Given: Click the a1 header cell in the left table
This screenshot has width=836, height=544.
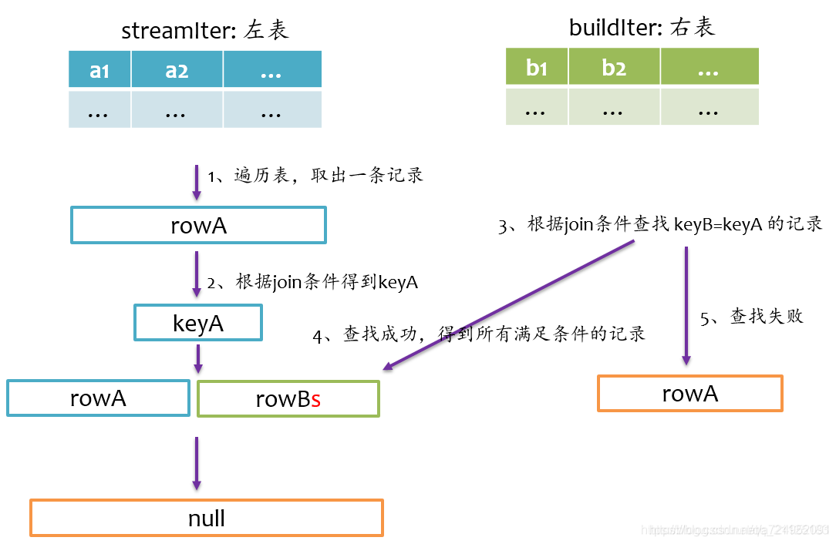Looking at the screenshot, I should coord(99,70).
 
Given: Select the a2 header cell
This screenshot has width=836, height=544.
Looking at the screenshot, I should coord(177,70).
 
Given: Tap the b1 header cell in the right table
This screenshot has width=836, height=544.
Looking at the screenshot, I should coord(537,67).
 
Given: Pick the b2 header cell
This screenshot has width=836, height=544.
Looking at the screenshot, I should coord(614,67).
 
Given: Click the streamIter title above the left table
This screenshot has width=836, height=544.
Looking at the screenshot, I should coord(204,31).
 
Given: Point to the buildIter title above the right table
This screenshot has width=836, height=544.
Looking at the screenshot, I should coord(642,28).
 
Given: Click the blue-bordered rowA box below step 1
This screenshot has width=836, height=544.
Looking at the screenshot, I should coord(198,226).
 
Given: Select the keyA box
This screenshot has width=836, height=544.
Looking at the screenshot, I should coord(198,323).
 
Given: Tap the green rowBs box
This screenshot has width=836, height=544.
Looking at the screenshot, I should coord(288,398).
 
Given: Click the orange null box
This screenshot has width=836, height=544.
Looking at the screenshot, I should coord(206,518).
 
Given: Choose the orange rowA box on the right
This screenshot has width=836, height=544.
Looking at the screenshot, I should coord(689,394).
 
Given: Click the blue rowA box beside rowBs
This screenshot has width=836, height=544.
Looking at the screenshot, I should coord(98,398).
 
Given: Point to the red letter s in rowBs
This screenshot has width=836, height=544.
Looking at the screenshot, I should coord(315,399).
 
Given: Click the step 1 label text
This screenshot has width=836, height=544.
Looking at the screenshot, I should coord(315,176).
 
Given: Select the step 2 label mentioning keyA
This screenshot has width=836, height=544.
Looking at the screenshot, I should coord(312,283).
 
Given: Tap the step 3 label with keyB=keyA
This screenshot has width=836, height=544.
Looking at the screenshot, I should coord(660,225).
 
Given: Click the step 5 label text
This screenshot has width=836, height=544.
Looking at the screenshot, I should coord(751,317).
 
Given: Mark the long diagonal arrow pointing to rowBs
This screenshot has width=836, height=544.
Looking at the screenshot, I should coord(509,305).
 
